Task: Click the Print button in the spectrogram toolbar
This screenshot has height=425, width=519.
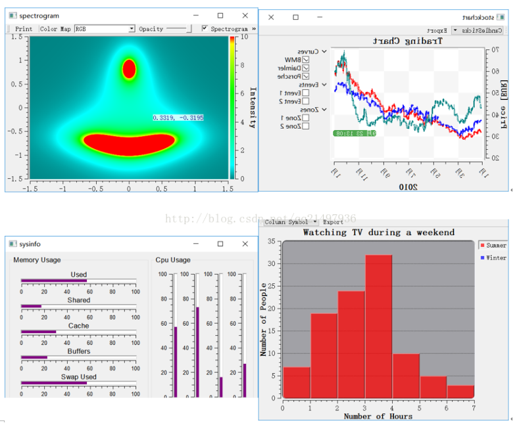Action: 23,29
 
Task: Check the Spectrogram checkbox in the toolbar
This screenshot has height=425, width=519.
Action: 205,28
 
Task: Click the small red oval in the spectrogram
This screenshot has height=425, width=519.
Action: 129,69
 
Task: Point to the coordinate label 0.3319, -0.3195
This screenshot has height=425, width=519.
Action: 178,118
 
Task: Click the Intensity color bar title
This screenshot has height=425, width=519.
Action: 252,108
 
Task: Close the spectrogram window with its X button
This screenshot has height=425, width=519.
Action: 245,15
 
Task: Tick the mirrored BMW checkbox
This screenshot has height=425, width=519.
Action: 305,60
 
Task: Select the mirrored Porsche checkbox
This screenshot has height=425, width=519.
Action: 305,76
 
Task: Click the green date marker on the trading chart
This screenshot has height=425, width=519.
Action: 355,133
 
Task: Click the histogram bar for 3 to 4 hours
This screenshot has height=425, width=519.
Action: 378,326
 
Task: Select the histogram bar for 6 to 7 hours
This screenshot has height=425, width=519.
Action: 460,391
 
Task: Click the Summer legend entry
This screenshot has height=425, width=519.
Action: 493,245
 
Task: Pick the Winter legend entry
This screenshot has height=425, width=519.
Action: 493,258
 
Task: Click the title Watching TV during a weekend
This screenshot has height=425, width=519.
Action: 378,233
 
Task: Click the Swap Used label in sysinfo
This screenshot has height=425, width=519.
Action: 79,377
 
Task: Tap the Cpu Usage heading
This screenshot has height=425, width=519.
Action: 173,260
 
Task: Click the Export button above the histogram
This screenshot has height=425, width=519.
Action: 333,222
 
